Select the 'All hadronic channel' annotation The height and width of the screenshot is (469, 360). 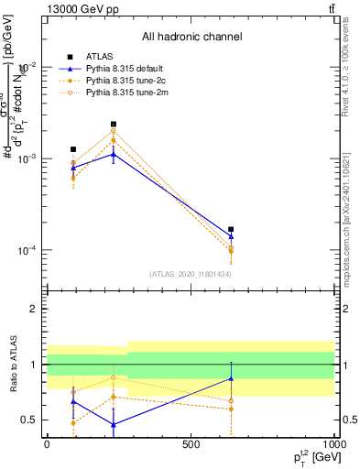[x=191, y=37]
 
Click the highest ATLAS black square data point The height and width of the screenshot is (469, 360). [x=114, y=124]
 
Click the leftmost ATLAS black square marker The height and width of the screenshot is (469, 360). [x=73, y=148]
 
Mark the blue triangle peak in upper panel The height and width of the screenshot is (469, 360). [x=114, y=154]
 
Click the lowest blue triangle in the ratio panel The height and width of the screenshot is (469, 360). [x=114, y=424]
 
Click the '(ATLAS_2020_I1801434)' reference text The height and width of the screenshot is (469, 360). [x=190, y=274]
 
